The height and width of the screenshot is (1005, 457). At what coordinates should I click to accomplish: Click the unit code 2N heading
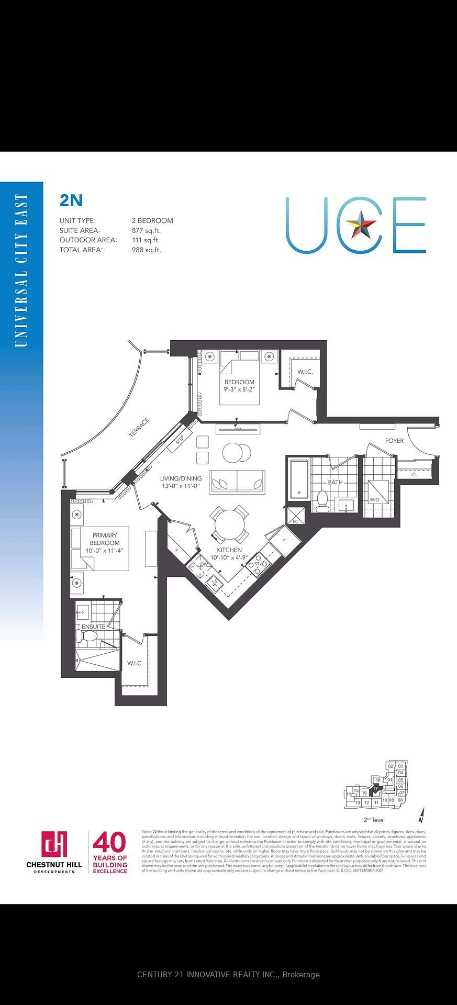coord(71,200)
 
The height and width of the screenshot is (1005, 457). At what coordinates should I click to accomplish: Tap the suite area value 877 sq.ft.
coord(146,230)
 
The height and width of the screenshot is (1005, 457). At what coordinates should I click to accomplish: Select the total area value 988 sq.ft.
coord(146,250)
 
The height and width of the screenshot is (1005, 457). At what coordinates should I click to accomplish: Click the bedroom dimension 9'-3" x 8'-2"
coord(239,389)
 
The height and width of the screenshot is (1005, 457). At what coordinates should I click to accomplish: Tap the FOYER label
coord(394,441)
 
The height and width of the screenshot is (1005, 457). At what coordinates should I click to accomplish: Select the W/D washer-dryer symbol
coord(378,492)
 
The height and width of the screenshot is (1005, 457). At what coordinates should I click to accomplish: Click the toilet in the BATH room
coord(321,501)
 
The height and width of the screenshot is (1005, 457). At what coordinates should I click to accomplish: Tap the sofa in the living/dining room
coord(237,482)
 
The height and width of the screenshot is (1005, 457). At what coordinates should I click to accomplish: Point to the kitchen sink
coord(214,582)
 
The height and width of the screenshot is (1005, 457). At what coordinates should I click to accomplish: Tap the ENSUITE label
coord(93,627)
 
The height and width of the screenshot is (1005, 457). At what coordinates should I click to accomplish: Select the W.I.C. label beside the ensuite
coord(135,663)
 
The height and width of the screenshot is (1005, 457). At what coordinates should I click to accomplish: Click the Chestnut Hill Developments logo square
coord(54,845)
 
